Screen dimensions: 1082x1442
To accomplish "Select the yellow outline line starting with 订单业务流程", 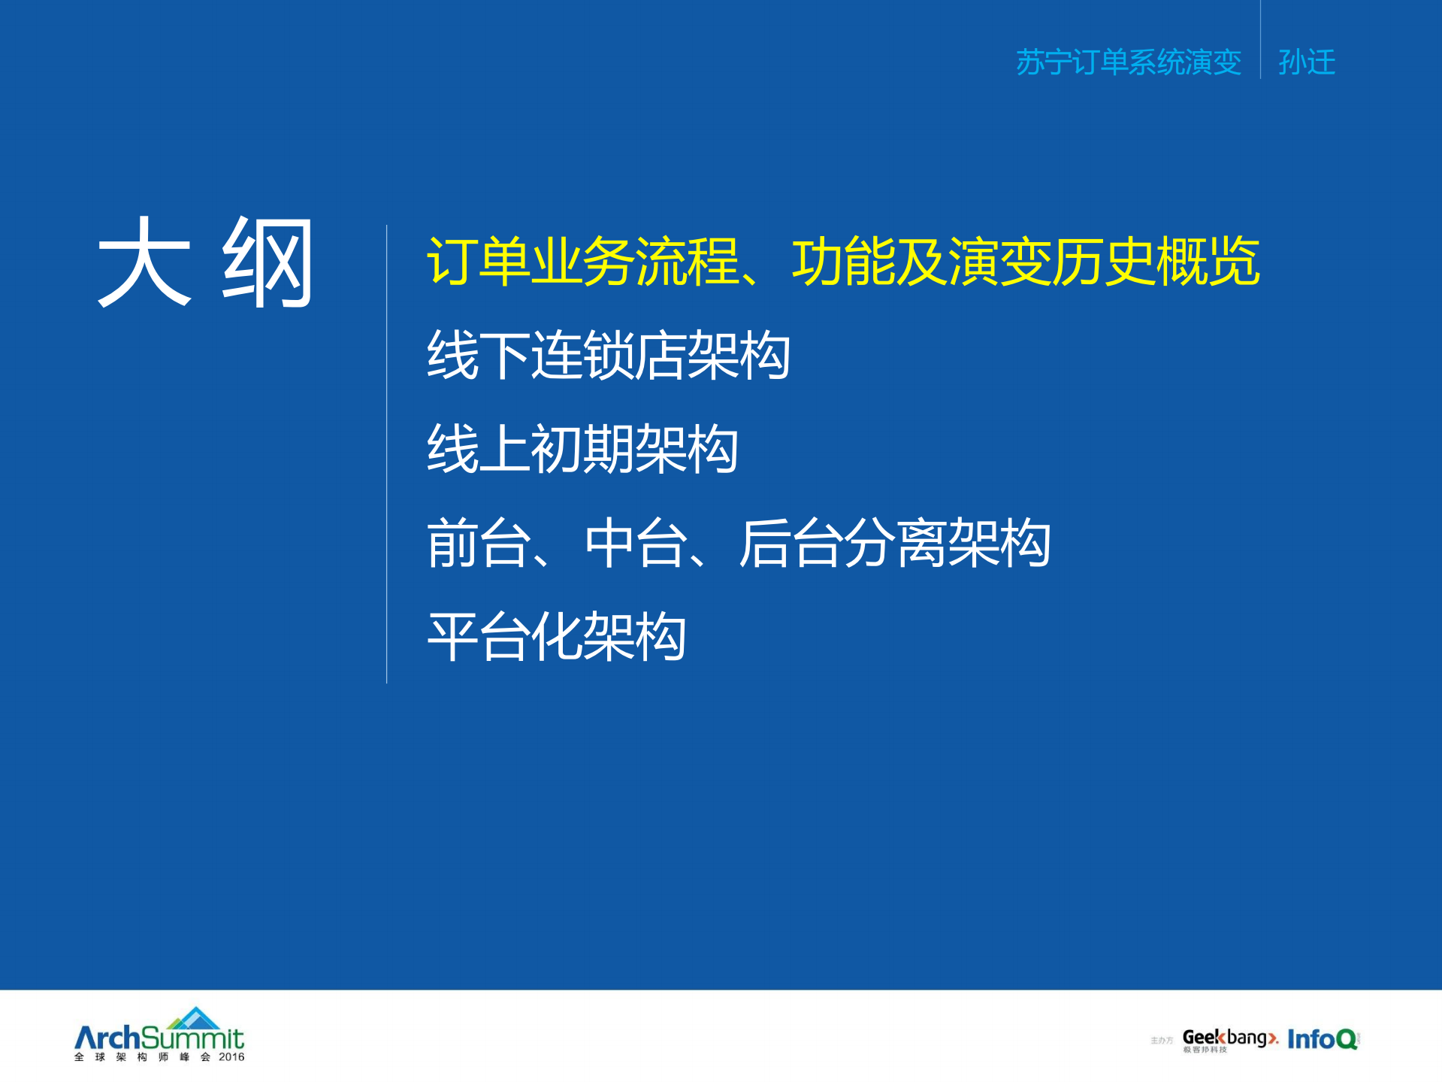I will (842, 262).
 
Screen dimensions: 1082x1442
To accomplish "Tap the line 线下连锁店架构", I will (608, 355).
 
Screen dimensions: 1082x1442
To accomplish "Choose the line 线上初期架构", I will (582, 449).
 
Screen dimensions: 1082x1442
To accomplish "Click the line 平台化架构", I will (556, 637).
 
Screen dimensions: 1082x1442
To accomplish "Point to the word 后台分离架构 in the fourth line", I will (894, 543).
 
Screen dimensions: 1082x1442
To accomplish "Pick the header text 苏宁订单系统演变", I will (1128, 62).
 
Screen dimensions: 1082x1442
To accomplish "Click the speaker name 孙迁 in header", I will (1306, 62).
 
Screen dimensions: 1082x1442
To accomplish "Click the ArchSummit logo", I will (159, 1038).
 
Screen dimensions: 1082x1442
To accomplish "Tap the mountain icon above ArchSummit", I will (195, 1018).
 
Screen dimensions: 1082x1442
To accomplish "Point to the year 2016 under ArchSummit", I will (231, 1057).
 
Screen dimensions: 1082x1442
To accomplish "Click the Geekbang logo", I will (1229, 1038).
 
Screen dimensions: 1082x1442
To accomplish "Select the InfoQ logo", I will (1322, 1039).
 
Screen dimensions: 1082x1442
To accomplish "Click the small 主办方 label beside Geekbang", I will (1161, 1041).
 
